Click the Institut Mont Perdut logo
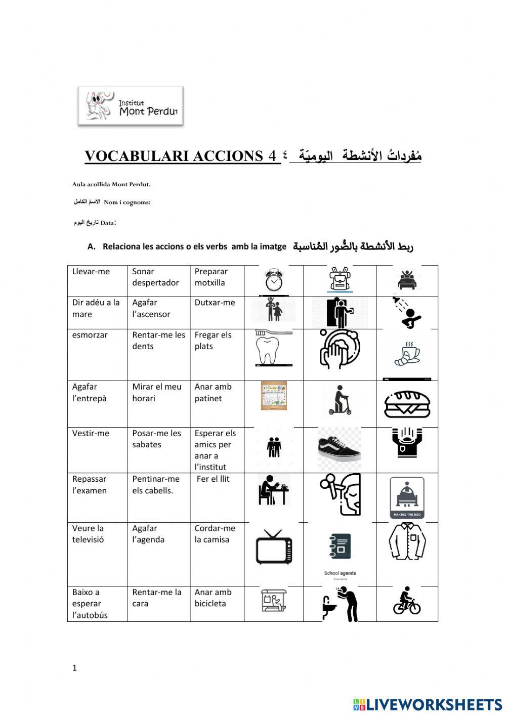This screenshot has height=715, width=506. tap(131, 106)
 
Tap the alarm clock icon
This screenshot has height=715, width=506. tap(274, 280)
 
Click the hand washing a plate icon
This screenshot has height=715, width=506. tap(340, 349)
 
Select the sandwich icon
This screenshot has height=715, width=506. tap(407, 404)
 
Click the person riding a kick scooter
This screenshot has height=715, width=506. tap(340, 400)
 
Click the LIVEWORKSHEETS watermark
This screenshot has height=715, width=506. tap(428, 704)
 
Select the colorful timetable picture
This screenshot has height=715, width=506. tap(274, 396)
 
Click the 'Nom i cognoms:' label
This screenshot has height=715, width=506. tap(127, 202)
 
